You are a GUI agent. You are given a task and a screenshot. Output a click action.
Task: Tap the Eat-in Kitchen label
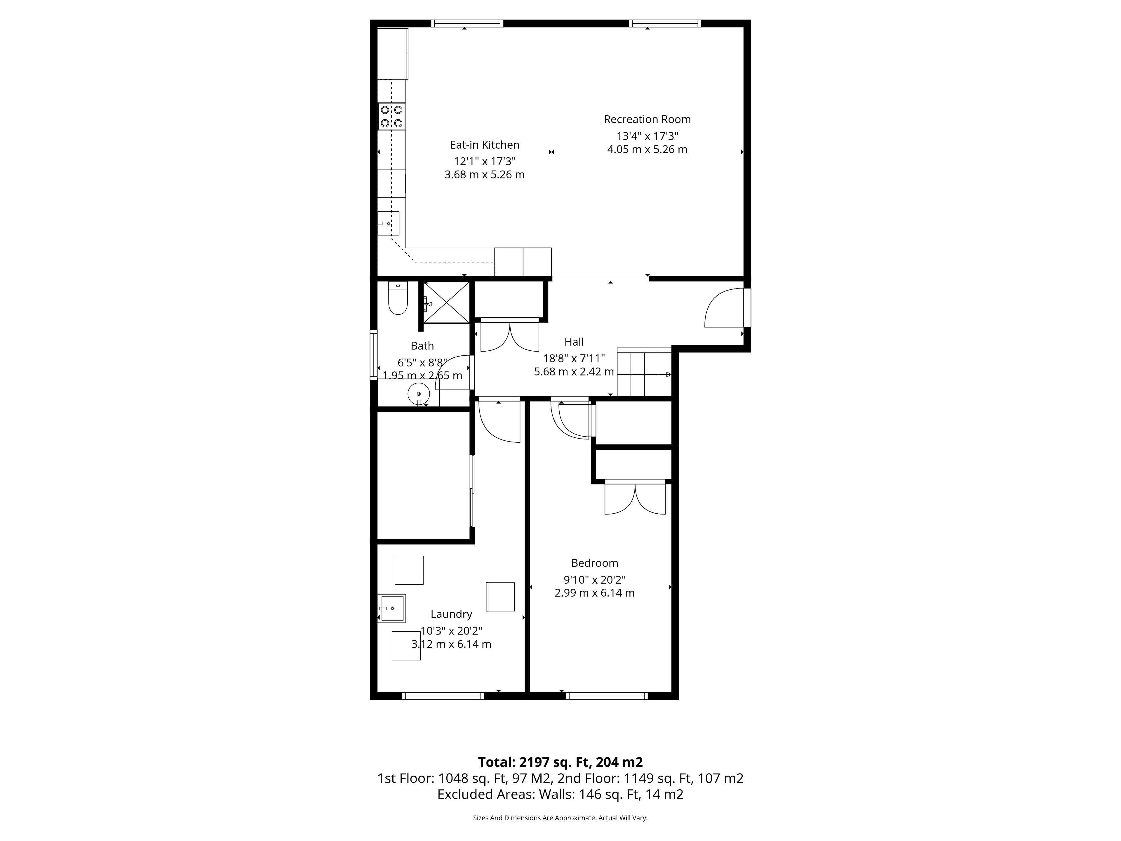485,145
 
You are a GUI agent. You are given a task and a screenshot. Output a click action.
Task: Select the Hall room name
574,342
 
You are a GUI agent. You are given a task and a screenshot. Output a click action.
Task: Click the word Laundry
451,614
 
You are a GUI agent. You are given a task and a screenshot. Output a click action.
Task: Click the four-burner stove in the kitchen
391,116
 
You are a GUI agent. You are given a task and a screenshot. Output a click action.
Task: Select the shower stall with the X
446,302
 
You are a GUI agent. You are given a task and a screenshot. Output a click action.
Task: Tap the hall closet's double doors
510,335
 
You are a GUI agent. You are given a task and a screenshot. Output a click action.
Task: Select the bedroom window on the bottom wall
607,696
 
